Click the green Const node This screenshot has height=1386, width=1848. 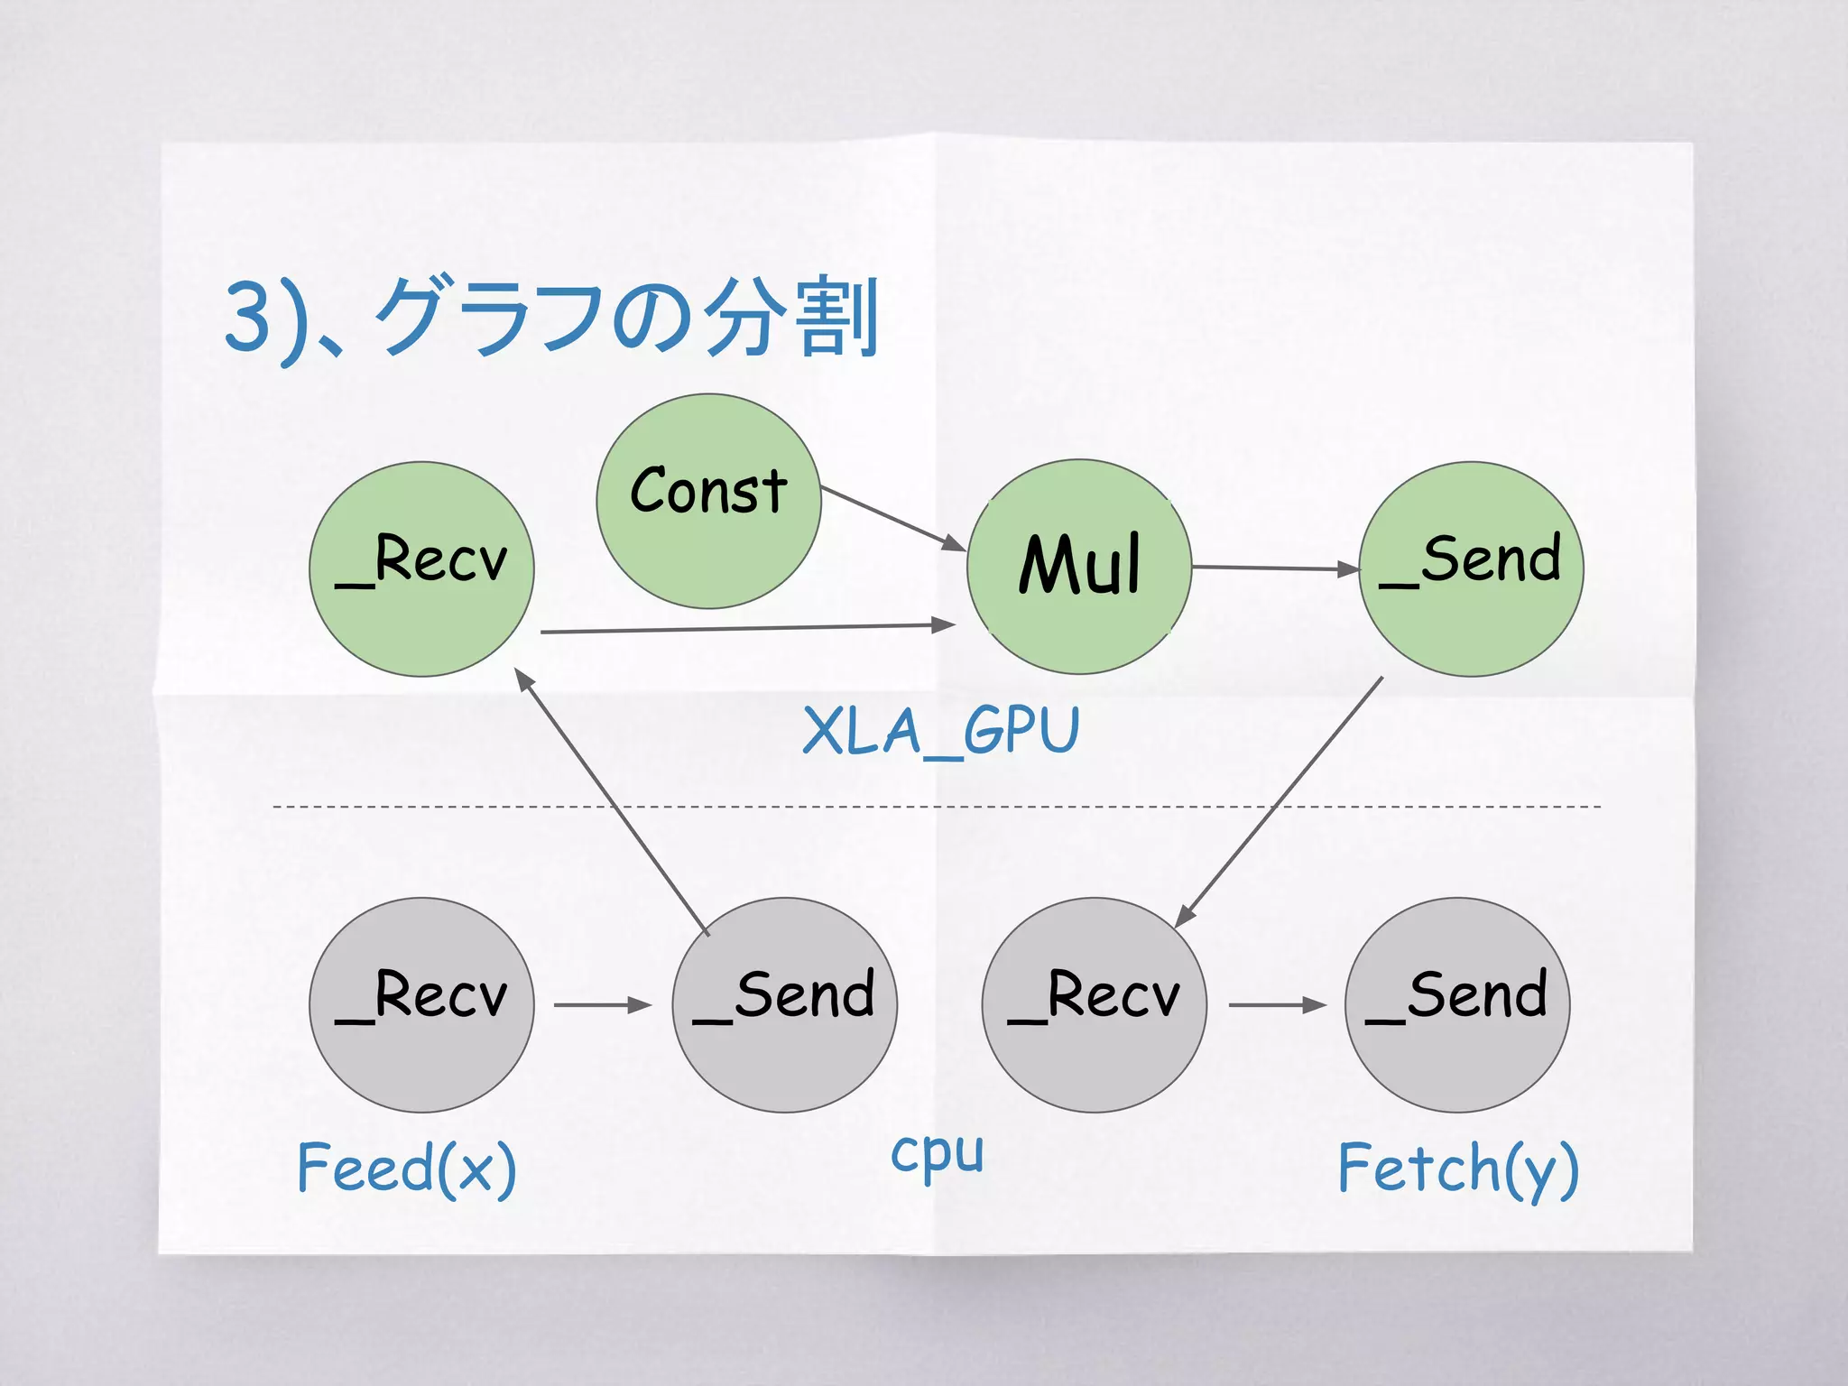point(708,502)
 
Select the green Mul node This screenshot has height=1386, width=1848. point(1079,567)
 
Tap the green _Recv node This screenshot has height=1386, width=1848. point(421,569)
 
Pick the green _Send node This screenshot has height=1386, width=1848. point(1471,569)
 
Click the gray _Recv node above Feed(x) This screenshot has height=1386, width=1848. point(421,1004)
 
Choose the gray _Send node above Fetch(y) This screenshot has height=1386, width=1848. point(1456,1004)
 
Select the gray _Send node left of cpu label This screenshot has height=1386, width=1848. point(784,1004)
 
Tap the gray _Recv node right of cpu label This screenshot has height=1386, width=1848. point(1094,1004)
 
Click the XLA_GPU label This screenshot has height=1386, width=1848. point(940,730)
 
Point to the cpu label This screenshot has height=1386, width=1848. point(937,1154)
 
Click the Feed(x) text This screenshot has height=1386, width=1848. point(406,1168)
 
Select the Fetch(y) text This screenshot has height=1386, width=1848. point(1457,1169)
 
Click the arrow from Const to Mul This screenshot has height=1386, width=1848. point(893,519)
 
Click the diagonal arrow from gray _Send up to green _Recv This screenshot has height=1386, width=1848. point(614,803)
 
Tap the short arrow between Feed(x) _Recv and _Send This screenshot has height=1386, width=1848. point(602,1004)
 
